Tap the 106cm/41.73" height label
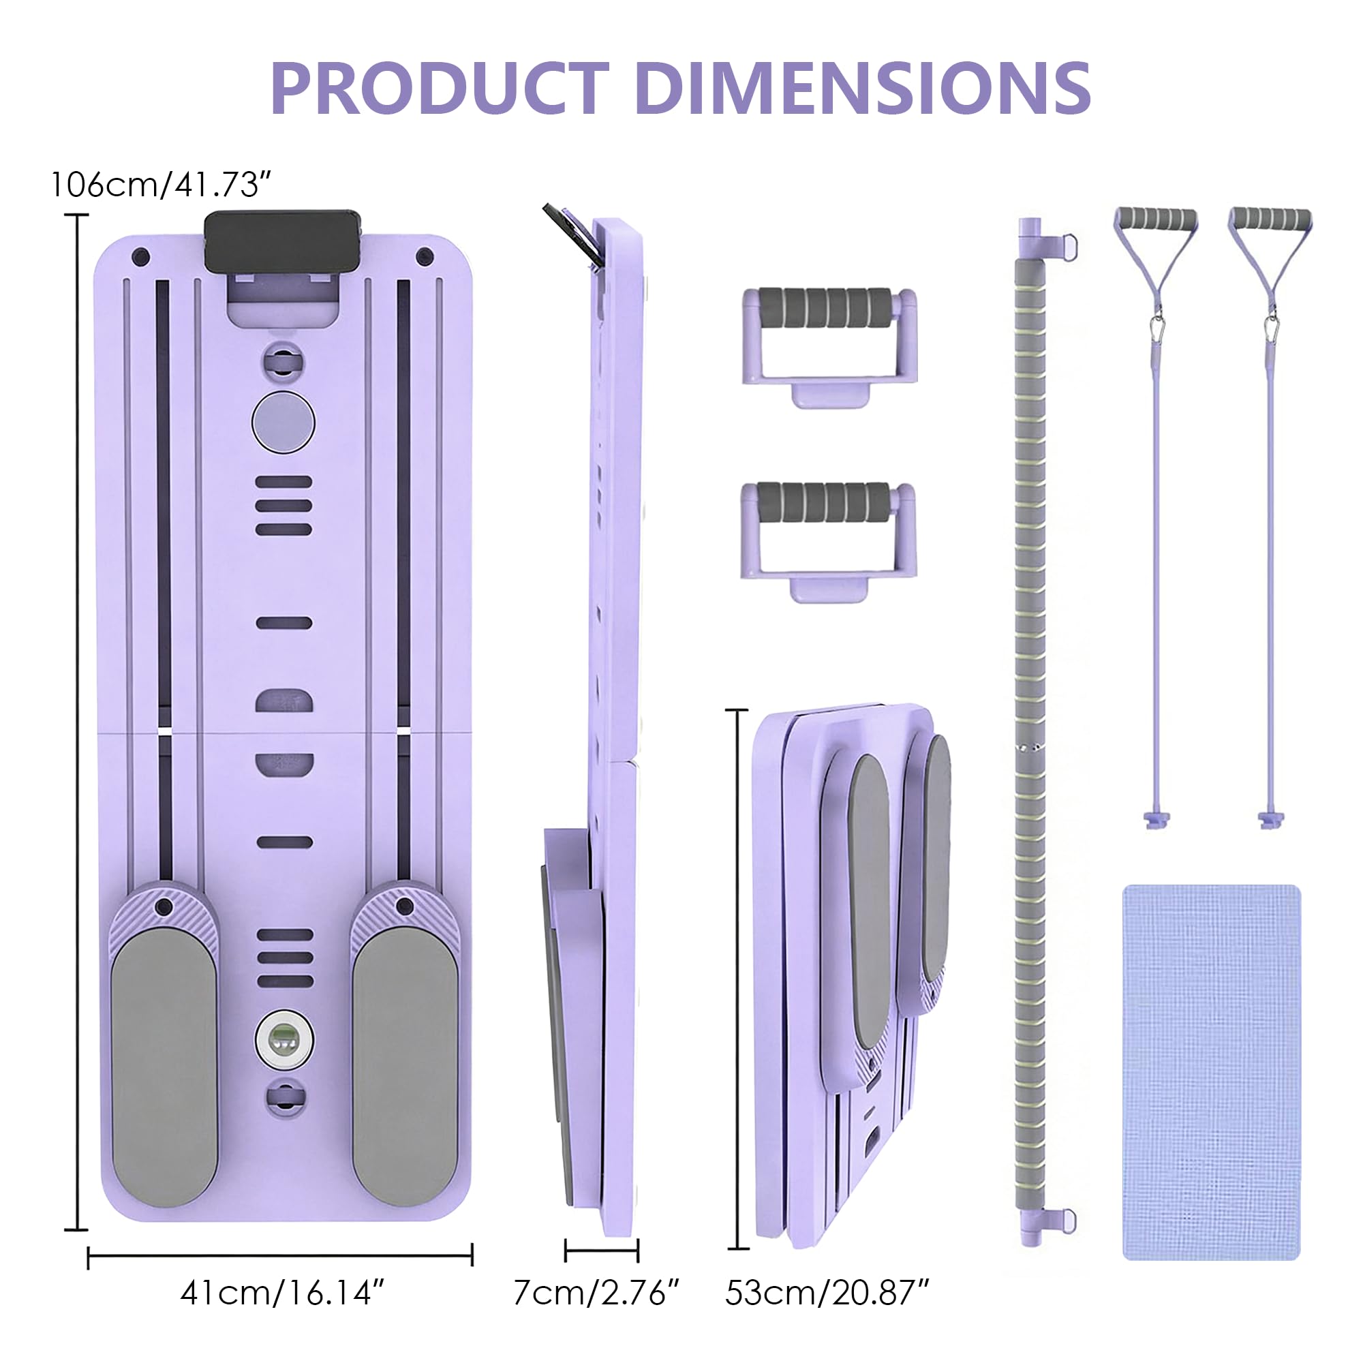tap(161, 185)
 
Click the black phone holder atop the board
tap(283, 241)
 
